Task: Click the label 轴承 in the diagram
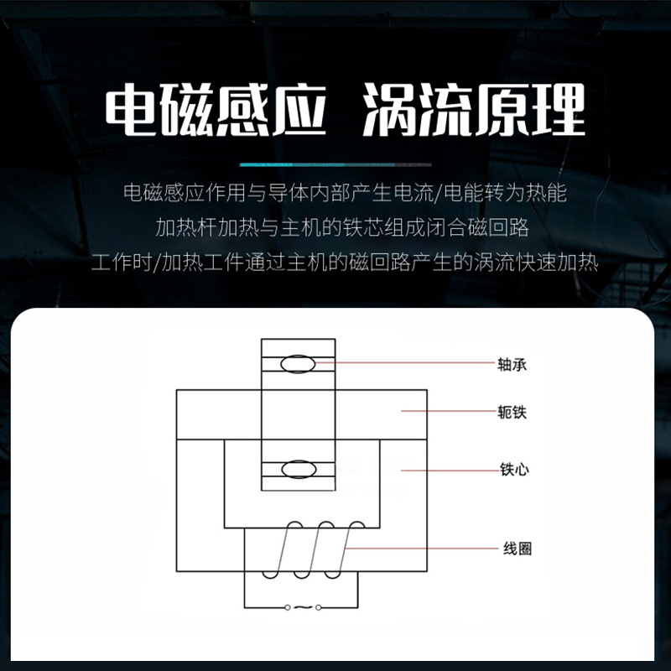click(512, 365)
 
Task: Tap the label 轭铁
click(512, 413)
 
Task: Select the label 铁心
click(512, 471)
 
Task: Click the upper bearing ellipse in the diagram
click(298, 363)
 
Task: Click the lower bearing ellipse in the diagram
click(298, 469)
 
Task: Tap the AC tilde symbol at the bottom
click(303, 606)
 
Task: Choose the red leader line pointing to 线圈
click(428, 549)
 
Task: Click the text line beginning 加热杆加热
click(342, 227)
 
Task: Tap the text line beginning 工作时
click(344, 262)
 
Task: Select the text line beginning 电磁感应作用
click(344, 194)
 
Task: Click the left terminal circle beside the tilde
click(288, 606)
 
